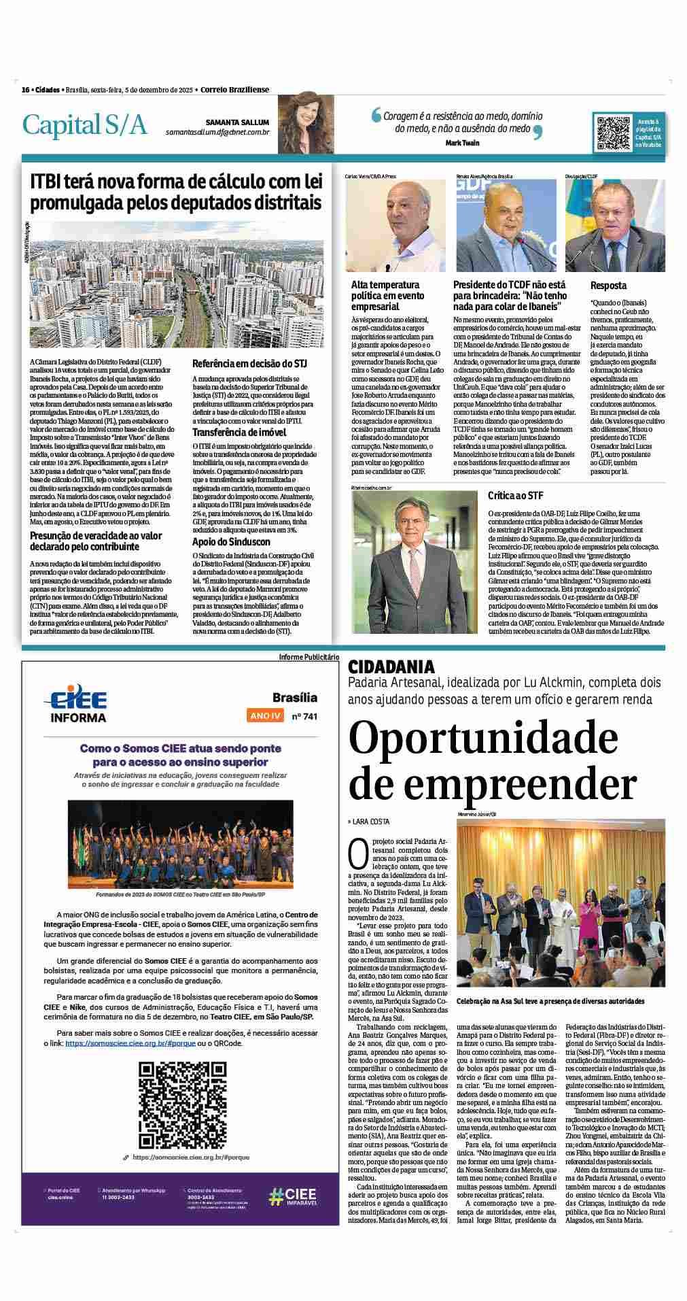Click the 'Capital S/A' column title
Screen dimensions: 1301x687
pos(85,125)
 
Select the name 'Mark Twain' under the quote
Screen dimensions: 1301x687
pos(463,143)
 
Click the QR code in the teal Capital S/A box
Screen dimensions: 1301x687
pos(614,133)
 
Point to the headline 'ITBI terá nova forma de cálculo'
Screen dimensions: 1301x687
pos(175,192)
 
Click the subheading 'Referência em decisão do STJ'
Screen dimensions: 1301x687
pos(250,363)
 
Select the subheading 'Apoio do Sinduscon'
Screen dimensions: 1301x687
pos(231,541)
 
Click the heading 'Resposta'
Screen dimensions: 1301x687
pos(608,286)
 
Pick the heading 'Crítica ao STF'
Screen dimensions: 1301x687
pos(515,495)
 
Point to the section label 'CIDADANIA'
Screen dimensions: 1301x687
pos(391,667)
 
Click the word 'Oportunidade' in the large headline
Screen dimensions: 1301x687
pos(479,737)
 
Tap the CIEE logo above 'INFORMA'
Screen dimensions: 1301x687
pos(75,700)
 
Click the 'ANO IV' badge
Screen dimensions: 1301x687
pos(266,716)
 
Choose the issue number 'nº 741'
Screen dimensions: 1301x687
pos(304,716)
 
